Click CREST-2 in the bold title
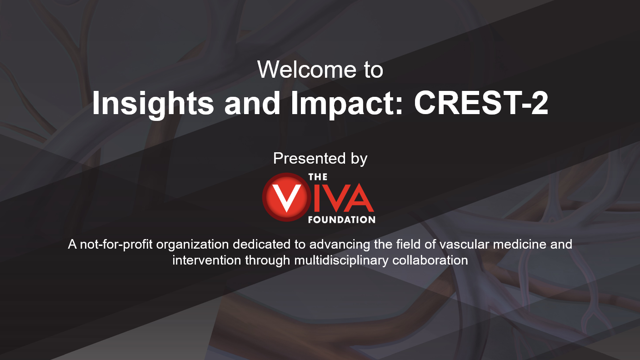click(x=481, y=103)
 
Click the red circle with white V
click(x=286, y=197)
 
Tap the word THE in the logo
click(x=318, y=177)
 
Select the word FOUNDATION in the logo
click(x=342, y=220)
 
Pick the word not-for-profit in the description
click(x=116, y=245)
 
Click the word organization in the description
click(x=193, y=245)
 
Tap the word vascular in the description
click(x=464, y=244)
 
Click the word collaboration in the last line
click(x=430, y=260)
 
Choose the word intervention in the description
click(x=206, y=260)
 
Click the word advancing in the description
click(x=340, y=245)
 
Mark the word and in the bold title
click(x=252, y=103)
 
